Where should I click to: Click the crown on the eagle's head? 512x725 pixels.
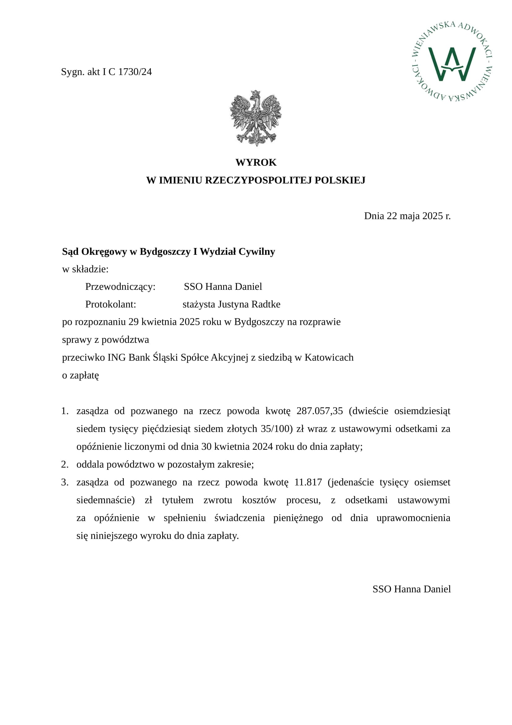(x=256, y=94)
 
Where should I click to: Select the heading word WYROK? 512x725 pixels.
(x=256, y=162)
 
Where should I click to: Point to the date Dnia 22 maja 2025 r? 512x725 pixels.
(x=407, y=216)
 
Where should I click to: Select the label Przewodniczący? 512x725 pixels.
(x=120, y=287)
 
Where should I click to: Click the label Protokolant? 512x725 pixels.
(x=110, y=304)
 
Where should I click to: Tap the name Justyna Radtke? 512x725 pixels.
(x=249, y=304)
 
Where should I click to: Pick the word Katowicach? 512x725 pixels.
(x=329, y=357)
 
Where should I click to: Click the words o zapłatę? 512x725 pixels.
(x=80, y=375)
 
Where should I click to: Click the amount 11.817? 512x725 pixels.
(x=308, y=482)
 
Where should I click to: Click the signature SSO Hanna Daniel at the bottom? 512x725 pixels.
(x=411, y=589)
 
